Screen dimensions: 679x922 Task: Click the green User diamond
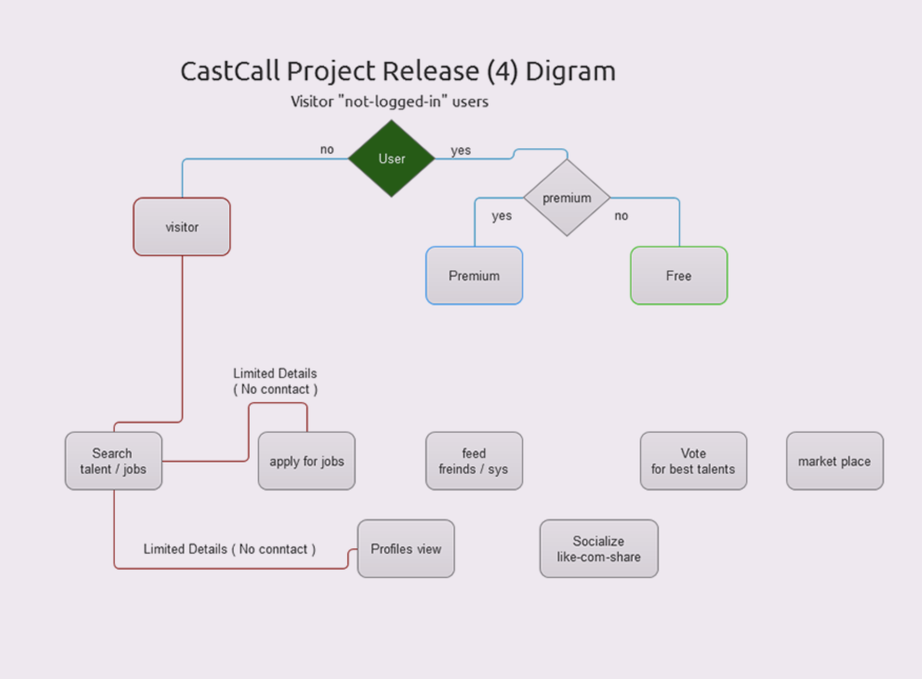[x=392, y=158]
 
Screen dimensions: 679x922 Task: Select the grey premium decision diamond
[x=567, y=198]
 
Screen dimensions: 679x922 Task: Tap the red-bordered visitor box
[x=182, y=227]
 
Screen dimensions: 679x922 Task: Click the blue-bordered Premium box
[x=474, y=275]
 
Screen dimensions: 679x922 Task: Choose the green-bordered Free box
[x=679, y=275]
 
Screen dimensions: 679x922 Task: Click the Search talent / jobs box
[x=113, y=461]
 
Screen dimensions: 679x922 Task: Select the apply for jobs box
[x=306, y=461]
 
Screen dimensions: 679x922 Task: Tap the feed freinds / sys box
[x=474, y=461]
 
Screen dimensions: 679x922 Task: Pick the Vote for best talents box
[x=693, y=461]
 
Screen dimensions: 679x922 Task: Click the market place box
[x=835, y=461]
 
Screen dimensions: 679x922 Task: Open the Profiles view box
[x=406, y=548]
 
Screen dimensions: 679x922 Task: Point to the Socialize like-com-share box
[x=598, y=548]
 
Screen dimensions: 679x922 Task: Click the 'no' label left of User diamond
[x=327, y=149]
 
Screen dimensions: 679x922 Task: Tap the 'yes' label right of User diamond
[x=460, y=150]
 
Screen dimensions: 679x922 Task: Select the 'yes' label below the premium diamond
[x=501, y=216]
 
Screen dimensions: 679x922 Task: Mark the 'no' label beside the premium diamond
[x=621, y=216]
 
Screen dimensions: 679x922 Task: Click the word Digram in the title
[x=570, y=71]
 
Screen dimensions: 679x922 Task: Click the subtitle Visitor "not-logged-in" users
[x=389, y=101]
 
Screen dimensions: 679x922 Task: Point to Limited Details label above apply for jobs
[x=275, y=381]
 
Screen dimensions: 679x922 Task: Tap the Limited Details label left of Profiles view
[x=229, y=549]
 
